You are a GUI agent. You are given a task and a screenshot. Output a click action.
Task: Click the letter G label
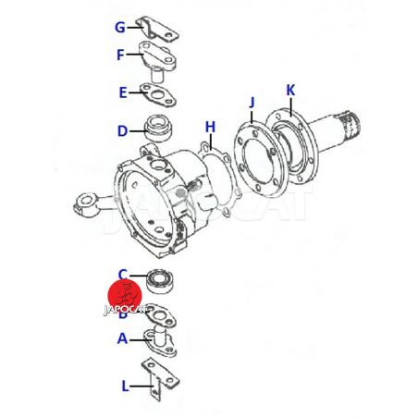pos(119,27)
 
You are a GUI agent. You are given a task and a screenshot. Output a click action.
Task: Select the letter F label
pos(120,55)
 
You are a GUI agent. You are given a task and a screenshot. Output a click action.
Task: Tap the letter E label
pos(123,92)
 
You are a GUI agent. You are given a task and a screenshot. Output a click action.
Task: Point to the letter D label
pos(122,131)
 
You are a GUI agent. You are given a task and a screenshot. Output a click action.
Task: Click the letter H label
pos(210,127)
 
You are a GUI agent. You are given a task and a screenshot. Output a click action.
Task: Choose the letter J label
pos(252,103)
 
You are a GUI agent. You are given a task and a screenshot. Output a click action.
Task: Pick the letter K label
pos(290,91)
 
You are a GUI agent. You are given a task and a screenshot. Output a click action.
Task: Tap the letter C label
pos(123,274)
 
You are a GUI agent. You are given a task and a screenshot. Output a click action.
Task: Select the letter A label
pos(122,338)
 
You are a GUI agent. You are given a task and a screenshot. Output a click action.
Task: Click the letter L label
pos(125,386)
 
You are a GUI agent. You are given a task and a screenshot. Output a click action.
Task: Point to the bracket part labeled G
pos(157,29)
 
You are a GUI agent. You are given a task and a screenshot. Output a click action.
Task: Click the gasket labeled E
pos(158,94)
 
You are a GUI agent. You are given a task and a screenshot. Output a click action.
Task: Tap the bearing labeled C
pos(160,282)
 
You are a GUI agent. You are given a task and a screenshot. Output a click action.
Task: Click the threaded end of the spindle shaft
pos(350,124)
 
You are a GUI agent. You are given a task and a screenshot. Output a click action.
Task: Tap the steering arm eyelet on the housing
pos(85,203)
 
